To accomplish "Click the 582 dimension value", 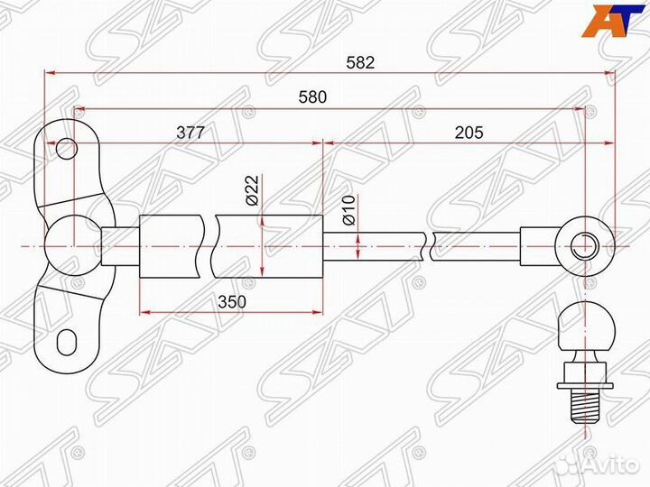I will pyautogui.click(x=359, y=63).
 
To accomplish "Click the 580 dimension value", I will pyautogui.click(x=312, y=97).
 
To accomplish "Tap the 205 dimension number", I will pyautogui.click(x=469, y=132).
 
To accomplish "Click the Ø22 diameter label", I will pyautogui.click(x=253, y=190).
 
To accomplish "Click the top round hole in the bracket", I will pyautogui.click(x=65, y=148).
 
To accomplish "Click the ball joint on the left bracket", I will pyautogui.click(x=68, y=244).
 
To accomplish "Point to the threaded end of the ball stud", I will pyautogui.click(x=584, y=405).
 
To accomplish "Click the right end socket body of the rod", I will pyautogui.click(x=542, y=244).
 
